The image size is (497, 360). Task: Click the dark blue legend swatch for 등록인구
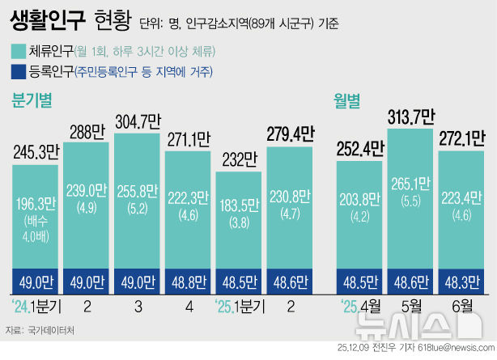click(16, 73)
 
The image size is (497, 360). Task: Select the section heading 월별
click(347, 100)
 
